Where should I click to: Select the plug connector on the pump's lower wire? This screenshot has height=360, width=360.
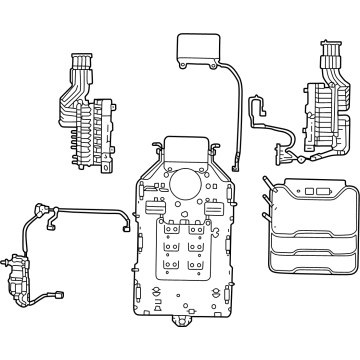(x=58, y=296)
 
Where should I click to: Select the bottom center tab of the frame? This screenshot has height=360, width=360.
(x=182, y=321)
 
